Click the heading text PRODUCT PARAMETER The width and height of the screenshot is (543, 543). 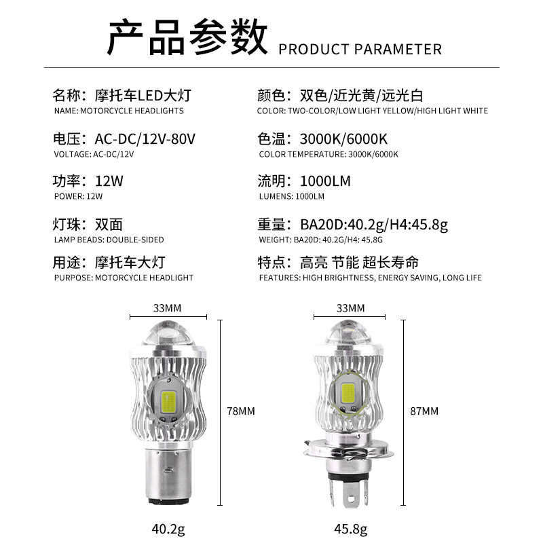360,49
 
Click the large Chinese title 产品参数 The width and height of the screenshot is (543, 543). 187,37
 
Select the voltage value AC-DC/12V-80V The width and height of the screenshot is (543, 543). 145,138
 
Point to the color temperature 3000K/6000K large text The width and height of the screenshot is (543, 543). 343,138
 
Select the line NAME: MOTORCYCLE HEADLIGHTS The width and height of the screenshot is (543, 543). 118,111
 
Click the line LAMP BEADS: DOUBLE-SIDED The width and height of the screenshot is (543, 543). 108,240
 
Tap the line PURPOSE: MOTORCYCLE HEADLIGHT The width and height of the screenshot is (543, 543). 123,278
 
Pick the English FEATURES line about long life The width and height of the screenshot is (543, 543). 370,278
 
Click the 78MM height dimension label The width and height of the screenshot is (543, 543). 241,411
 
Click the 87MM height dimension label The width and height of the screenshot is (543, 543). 425,411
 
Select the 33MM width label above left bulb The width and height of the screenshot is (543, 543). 167,307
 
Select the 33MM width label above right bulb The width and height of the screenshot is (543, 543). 350,307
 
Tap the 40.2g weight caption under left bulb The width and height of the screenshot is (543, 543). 167,528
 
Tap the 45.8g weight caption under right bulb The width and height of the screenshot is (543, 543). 351,528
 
